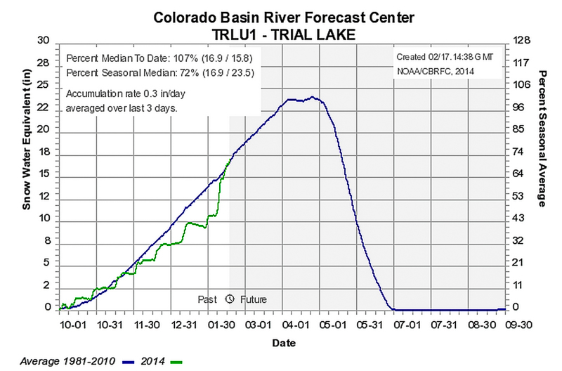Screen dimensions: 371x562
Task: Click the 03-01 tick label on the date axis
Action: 259,326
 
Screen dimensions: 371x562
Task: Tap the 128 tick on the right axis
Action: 521,41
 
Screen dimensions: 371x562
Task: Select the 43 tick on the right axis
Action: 518,219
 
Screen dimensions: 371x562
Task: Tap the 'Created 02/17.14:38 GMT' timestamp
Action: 447,56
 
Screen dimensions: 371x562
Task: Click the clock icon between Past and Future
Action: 230,299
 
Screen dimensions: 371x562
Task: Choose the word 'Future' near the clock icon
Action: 254,299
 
